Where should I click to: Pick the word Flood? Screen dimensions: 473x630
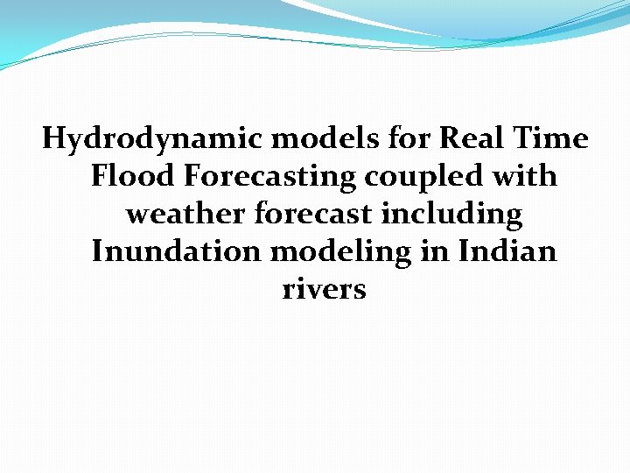pos(134,176)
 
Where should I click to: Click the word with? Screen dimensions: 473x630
pos(525,176)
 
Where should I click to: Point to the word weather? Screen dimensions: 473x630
pos(185,214)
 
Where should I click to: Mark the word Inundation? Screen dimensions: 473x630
pos(177,252)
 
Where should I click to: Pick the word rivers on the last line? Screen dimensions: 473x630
pos(324,290)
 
